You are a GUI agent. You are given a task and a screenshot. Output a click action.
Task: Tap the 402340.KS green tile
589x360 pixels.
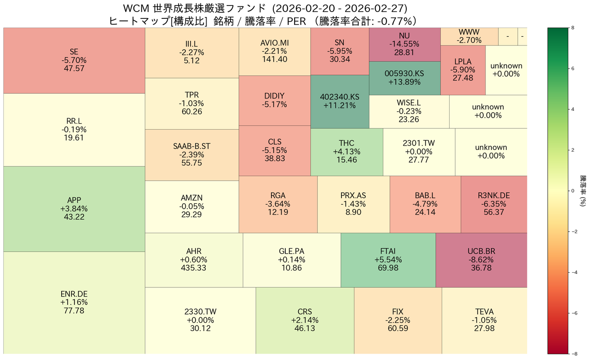tap(340, 101)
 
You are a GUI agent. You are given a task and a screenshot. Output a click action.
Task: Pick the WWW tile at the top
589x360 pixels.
tap(469, 36)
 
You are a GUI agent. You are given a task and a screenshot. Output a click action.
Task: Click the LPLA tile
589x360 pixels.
tap(463, 70)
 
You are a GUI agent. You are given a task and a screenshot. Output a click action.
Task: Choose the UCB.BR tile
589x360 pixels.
tap(481, 260)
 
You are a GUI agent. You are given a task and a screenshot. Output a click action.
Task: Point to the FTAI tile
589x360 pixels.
tap(388, 260)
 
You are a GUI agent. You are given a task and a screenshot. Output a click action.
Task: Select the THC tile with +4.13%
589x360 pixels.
tap(346, 152)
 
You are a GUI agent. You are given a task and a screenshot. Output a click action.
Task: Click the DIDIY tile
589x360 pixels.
tap(274, 100)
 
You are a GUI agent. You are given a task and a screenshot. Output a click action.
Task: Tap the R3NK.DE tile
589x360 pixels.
tap(494, 204)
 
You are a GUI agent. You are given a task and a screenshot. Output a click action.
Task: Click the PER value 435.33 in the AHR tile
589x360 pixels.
tap(194, 268)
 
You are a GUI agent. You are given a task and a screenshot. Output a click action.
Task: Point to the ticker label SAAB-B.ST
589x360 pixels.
tap(191, 146)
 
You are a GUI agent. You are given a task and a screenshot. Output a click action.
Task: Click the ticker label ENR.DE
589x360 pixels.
tap(74, 294)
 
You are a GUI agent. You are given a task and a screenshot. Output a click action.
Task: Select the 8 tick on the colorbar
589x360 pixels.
tap(572, 28)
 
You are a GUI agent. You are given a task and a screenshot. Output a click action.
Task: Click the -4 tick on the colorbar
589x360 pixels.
tap(572, 272)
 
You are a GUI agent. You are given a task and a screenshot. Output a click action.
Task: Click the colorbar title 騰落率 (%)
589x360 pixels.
tap(583, 191)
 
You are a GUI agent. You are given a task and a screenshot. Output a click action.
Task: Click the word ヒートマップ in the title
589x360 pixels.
tap(139, 21)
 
